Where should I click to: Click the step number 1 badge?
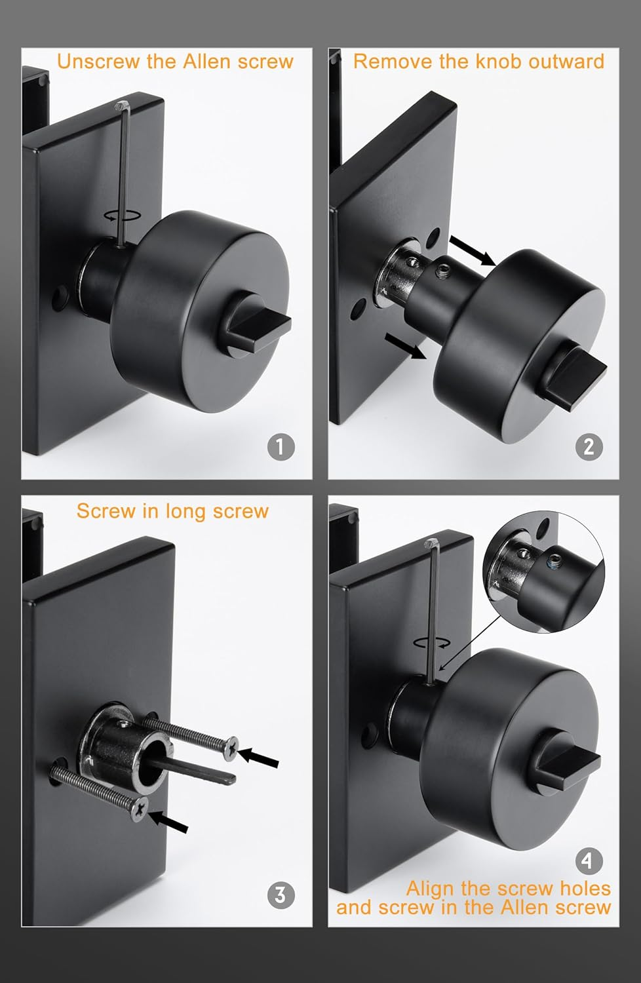tap(281, 447)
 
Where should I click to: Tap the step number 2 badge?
tap(589, 447)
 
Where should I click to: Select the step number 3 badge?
tap(281, 895)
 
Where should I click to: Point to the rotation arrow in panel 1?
tap(123, 215)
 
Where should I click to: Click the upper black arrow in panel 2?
tap(473, 251)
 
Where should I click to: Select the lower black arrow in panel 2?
tap(405, 346)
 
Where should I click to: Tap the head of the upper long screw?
tap(231, 748)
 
